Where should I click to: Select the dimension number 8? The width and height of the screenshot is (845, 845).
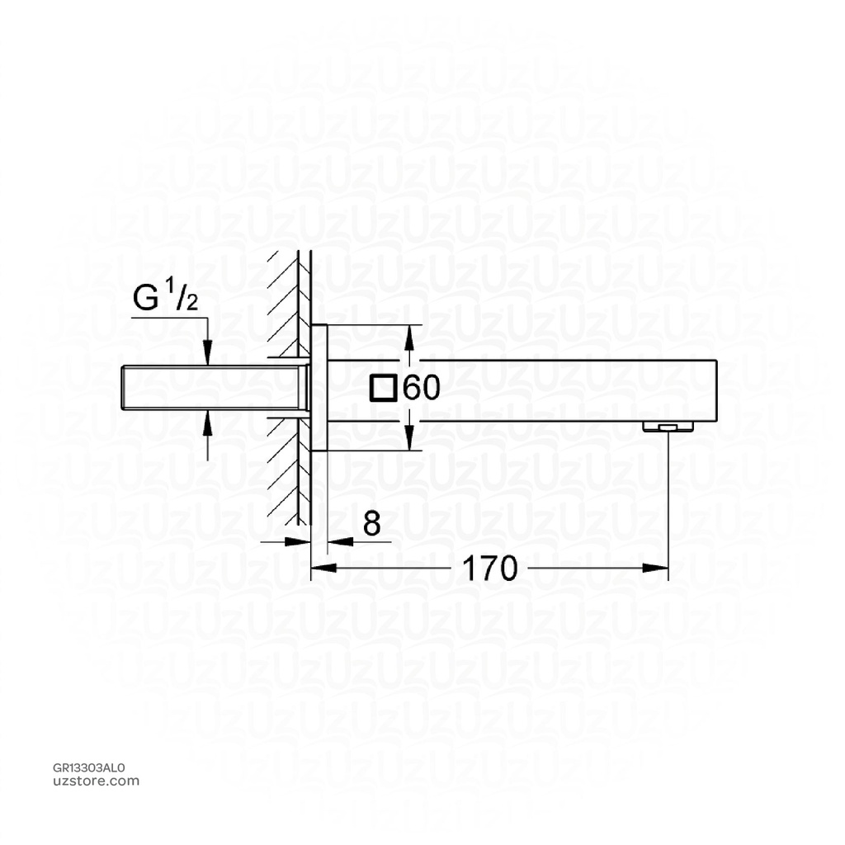click(372, 524)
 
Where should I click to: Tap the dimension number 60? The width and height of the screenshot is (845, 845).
click(422, 387)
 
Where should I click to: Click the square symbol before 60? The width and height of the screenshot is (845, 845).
click(383, 387)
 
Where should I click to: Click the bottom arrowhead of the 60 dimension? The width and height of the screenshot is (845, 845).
click(410, 441)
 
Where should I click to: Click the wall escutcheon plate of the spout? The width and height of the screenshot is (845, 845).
click(319, 387)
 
